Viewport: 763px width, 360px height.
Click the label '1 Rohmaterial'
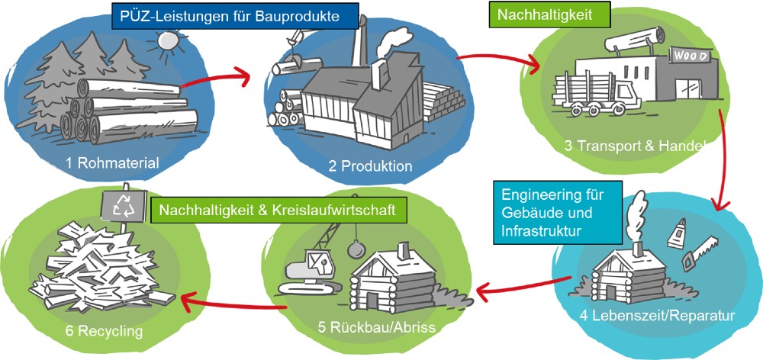coord(111,162)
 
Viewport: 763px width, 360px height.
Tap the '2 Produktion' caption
coord(371,166)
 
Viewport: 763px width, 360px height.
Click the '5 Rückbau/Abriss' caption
coord(376,327)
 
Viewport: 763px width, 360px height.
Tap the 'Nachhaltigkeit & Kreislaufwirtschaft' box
coord(278,210)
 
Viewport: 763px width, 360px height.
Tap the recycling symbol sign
coord(122,204)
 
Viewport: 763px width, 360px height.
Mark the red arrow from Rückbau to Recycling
coord(229,305)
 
